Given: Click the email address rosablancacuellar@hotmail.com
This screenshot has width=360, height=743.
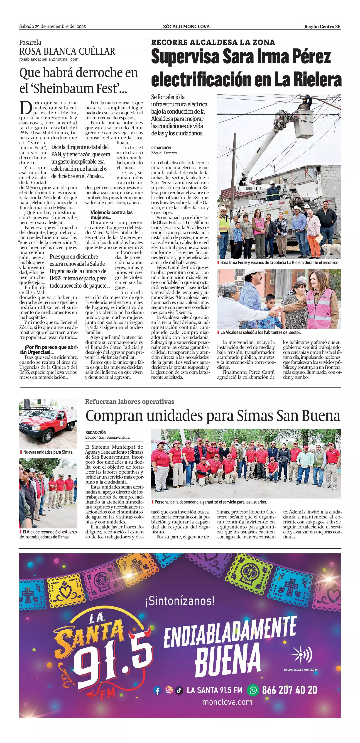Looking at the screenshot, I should pos(49,59).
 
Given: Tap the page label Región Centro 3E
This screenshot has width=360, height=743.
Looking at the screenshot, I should pos(322,27).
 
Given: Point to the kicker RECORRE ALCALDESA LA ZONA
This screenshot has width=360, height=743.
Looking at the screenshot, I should pos(213,42).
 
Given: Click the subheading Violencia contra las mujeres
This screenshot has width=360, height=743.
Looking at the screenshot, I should pos(111,215).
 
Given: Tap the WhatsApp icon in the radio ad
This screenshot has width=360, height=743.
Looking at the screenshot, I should pos(253,690).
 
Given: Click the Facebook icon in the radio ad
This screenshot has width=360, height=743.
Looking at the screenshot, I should pos(157,691).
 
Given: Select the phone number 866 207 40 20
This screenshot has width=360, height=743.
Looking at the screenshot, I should pos(289,690).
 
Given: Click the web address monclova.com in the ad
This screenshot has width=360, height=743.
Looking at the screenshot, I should pos(227,702).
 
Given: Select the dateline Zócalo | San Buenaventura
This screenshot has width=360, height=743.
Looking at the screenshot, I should pos(107,437).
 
